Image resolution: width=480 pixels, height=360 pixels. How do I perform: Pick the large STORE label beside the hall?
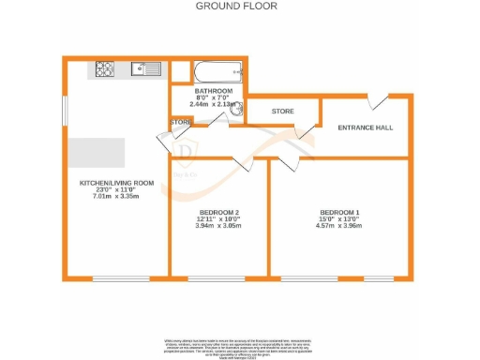coord(282,112)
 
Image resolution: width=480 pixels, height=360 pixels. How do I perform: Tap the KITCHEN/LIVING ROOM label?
coord(116,184)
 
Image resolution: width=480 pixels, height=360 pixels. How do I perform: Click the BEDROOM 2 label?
coord(218,212)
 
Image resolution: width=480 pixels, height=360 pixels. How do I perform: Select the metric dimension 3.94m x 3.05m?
coord(218,226)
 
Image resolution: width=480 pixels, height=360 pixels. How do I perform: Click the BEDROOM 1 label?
coord(338,212)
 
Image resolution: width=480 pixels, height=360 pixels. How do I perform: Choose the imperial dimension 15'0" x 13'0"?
coord(338,219)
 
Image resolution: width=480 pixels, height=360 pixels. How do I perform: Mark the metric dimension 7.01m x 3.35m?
coord(116,198)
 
